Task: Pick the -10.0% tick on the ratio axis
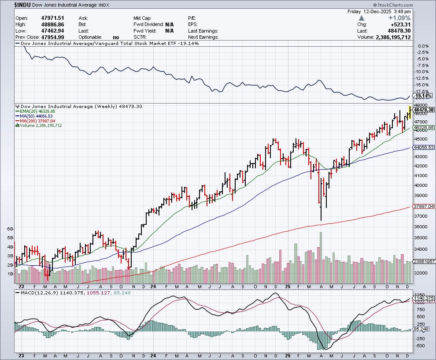[x=422, y=71]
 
